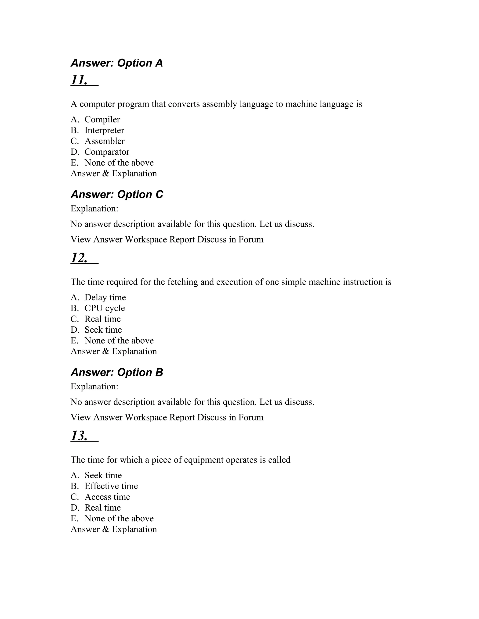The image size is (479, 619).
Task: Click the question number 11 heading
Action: click(x=79, y=80)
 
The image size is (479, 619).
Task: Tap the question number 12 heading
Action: click(x=79, y=258)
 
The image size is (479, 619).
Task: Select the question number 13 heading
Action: click(x=79, y=436)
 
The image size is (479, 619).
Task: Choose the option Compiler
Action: click(x=102, y=120)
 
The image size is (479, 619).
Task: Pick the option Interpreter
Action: click(x=104, y=130)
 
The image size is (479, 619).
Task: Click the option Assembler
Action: click(x=104, y=141)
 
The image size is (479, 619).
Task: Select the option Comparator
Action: click(x=107, y=152)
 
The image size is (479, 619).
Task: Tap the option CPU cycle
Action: click(x=104, y=308)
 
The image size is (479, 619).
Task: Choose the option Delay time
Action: click(x=105, y=297)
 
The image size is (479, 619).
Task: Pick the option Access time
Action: click(x=107, y=497)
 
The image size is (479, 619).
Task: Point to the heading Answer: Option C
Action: click(x=117, y=194)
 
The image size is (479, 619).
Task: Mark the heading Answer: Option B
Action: click(x=117, y=372)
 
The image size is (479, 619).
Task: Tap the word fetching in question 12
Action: click(x=182, y=282)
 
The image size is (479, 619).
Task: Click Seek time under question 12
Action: click(x=103, y=330)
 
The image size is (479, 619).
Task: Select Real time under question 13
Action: click(x=102, y=508)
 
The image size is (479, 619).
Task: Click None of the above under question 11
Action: click(x=119, y=163)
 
